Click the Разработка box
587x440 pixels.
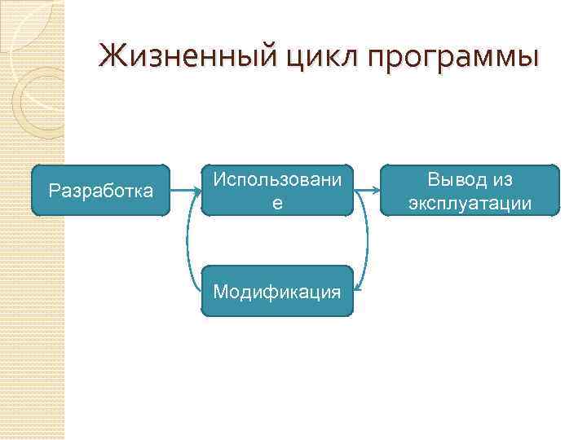pos(100,191)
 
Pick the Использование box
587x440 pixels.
pos(277,191)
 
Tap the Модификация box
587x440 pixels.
pos(277,291)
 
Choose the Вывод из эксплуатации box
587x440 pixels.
pos(470,191)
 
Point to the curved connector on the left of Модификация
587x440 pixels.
pos(189,244)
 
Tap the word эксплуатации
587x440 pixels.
pos(470,202)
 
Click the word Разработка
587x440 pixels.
pos(100,191)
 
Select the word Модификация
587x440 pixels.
pos(277,291)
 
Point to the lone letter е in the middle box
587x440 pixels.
pos(277,203)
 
